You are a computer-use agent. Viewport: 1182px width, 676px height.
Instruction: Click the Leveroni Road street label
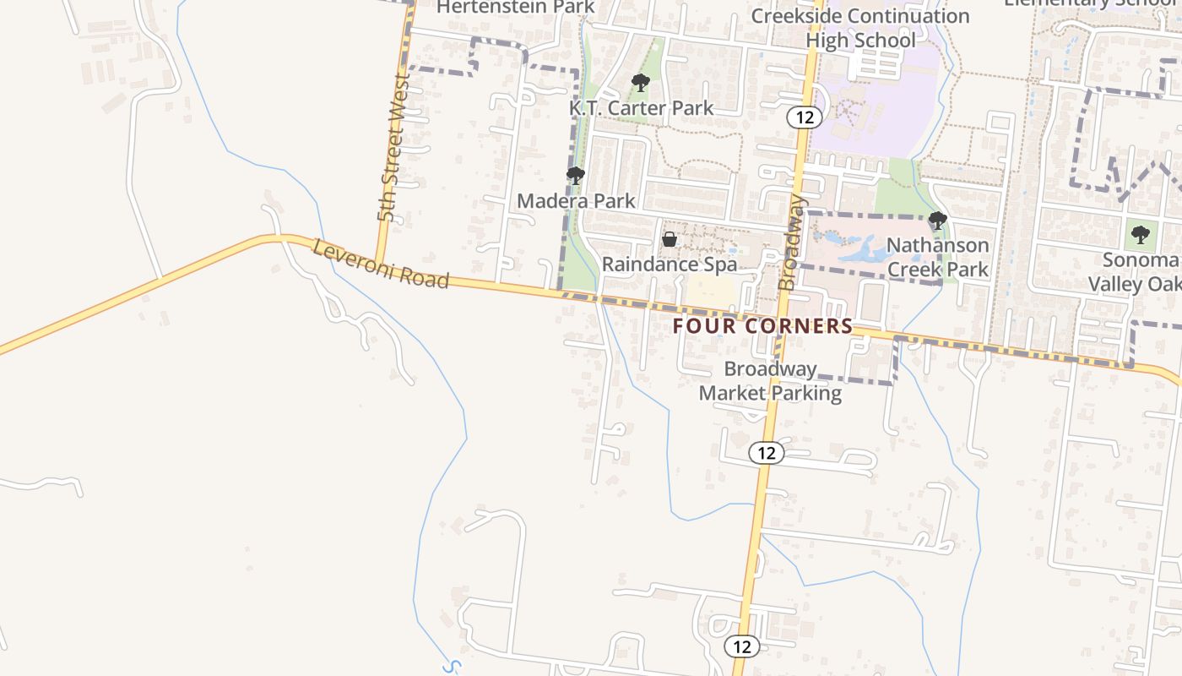click(x=381, y=264)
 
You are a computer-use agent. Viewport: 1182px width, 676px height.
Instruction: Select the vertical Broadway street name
click(x=792, y=243)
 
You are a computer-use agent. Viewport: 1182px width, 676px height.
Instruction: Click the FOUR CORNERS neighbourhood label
click(x=762, y=326)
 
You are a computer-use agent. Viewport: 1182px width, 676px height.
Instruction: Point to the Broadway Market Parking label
click(x=770, y=381)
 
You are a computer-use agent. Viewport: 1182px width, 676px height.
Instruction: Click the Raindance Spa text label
click(x=669, y=264)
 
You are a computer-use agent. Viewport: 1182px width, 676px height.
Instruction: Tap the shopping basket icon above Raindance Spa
click(x=670, y=239)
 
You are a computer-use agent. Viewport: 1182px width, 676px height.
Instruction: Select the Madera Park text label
click(x=576, y=201)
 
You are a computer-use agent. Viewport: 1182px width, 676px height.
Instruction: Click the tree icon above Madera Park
click(x=576, y=176)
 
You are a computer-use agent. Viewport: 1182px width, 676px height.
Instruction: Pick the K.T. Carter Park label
click(x=641, y=108)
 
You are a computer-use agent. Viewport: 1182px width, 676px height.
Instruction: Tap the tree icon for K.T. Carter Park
click(x=641, y=83)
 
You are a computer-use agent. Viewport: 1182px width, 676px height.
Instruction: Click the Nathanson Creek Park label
click(x=937, y=258)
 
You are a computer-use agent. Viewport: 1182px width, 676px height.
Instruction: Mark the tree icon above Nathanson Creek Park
click(x=937, y=221)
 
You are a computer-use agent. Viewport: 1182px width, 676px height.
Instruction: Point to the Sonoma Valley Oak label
click(x=1140, y=271)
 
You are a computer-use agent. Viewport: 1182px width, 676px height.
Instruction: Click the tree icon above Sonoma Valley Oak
click(x=1141, y=234)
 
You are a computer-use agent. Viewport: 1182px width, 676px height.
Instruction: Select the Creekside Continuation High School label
click(x=860, y=28)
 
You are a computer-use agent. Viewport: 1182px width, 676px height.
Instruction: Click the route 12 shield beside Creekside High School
click(x=805, y=117)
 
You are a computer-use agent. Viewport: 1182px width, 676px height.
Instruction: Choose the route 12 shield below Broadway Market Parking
click(x=767, y=453)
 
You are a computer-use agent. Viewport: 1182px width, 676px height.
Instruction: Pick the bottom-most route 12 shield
click(x=742, y=647)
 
